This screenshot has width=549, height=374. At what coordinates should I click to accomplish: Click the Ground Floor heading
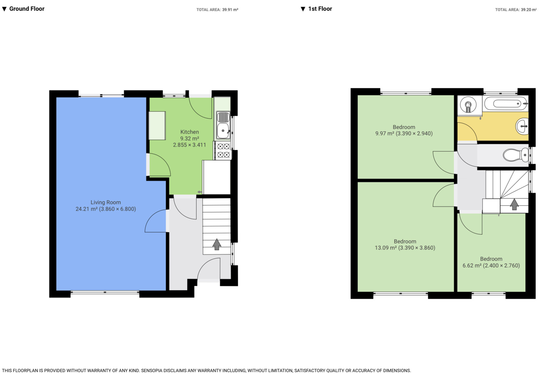(x=26, y=9)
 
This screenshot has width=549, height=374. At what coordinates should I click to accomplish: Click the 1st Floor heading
(x=320, y=9)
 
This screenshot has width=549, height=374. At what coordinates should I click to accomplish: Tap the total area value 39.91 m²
(x=230, y=10)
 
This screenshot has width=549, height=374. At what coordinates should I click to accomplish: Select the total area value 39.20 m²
(x=528, y=10)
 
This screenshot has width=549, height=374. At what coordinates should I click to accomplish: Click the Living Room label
(x=106, y=202)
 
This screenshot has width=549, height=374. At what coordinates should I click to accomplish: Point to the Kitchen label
(x=189, y=132)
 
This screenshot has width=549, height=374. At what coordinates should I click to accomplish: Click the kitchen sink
(x=223, y=131)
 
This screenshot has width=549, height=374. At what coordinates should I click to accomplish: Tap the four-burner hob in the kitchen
(x=223, y=151)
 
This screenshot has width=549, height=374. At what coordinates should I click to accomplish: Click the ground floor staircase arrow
(x=217, y=244)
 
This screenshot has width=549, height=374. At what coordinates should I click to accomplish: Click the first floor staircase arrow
(x=514, y=204)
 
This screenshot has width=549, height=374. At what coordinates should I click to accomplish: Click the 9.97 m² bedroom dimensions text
(x=404, y=134)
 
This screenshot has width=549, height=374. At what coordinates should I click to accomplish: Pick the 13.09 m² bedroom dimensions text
(x=405, y=248)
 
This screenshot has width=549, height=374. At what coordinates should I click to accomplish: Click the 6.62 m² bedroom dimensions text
(x=491, y=266)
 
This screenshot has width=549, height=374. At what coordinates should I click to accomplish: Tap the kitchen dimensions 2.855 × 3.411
(x=189, y=145)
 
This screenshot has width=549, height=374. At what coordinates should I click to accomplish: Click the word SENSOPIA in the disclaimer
(x=153, y=370)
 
